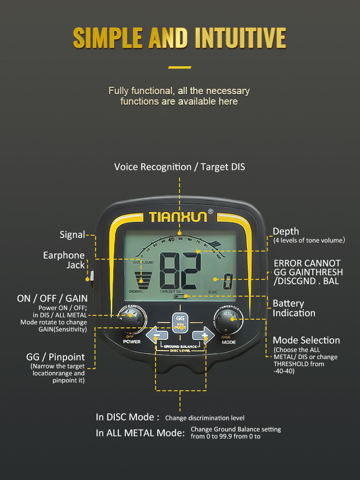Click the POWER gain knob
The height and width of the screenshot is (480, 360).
(x=129, y=317)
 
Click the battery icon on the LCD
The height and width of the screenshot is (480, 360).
(x=180, y=298)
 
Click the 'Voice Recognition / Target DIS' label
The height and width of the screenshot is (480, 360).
(x=180, y=167)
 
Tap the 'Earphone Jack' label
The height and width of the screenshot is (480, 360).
(x=64, y=260)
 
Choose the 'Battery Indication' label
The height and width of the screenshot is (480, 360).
(x=294, y=308)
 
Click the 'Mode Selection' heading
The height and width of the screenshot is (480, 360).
(x=306, y=340)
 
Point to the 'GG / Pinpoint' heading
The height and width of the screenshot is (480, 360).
(x=55, y=357)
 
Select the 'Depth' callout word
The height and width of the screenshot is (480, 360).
(x=286, y=231)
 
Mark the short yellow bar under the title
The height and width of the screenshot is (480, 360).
(x=180, y=67)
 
